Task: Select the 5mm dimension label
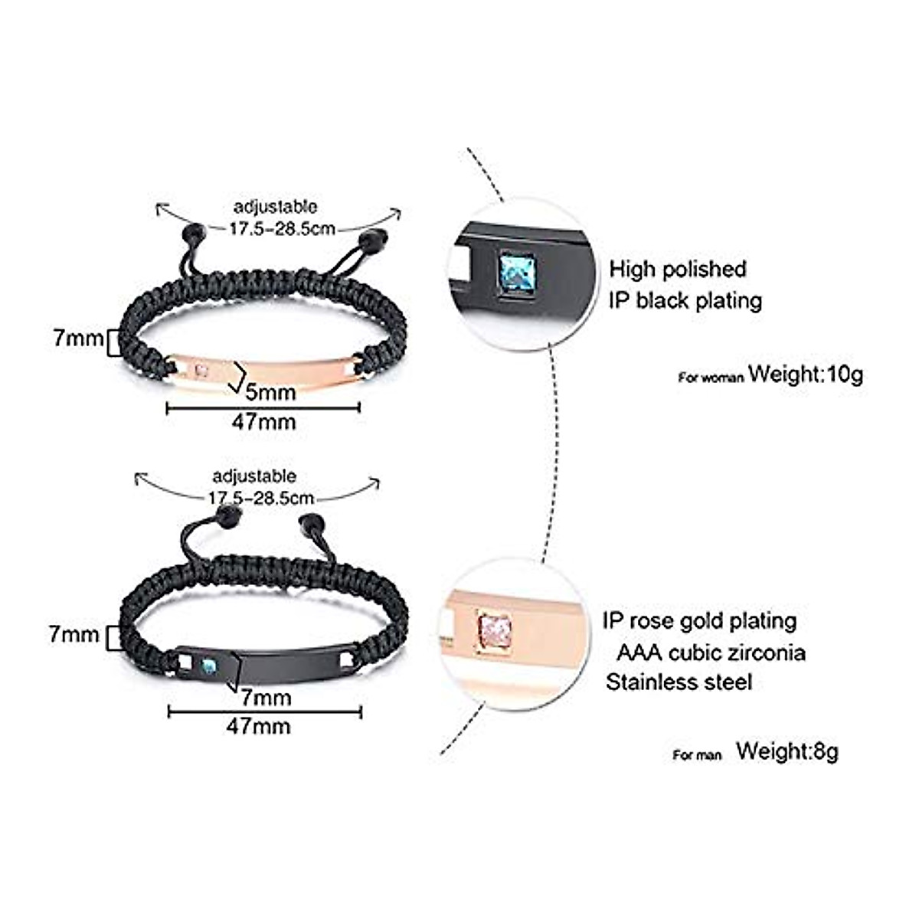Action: click(270, 393)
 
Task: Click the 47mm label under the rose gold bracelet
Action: click(263, 420)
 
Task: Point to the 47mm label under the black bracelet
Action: click(258, 724)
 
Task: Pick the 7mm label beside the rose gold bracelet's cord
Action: click(77, 338)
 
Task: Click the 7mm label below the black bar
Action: click(265, 698)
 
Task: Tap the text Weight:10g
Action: click(806, 374)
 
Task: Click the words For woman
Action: click(711, 378)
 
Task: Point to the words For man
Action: click(697, 755)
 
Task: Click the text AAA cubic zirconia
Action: click(711, 652)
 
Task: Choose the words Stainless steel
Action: click(679, 682)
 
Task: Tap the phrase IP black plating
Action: click(685, 300)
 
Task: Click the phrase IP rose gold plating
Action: click(699, 620)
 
